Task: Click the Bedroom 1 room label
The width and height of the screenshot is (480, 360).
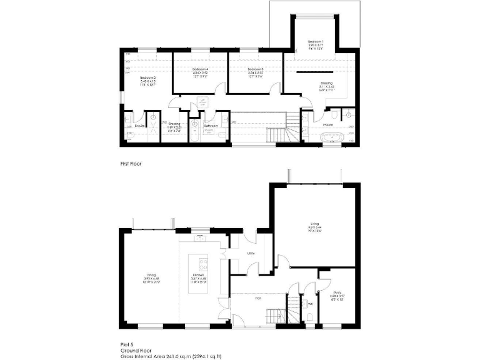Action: coord(316,42)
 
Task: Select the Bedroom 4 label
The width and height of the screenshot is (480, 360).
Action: coord(199,69)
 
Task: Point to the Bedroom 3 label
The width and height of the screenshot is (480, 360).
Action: coord(255,69)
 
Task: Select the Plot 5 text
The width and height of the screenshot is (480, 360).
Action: coord(128,344)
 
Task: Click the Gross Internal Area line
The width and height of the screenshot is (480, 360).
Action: coord(171,356)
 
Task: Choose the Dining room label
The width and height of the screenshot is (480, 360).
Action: coord(151,275)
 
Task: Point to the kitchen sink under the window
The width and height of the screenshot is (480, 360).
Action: coord(201,237)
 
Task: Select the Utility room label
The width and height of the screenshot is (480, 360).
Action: coord(251,253)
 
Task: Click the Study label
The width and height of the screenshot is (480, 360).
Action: coord(337,292)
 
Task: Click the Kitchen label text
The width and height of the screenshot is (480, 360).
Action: coord(199,275)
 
